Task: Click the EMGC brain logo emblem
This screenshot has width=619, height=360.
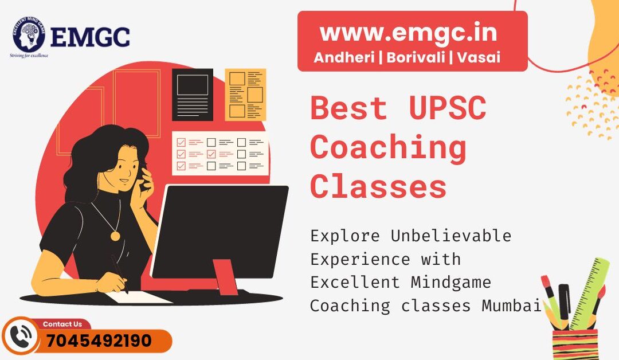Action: click(x=29, y=34)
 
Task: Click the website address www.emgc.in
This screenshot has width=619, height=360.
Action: click(x=408, y=33)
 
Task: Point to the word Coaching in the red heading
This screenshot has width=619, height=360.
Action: click(x=388, y=147)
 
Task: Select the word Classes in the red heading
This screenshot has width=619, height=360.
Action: click(x=378, y=186)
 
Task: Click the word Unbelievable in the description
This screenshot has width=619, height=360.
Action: click(x=451, y=236)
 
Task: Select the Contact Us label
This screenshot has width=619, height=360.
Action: click(x=62, y=324)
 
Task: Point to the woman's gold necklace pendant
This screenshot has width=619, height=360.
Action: click(x=115, y=236)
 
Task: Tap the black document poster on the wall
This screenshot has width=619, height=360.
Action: click(x=193, y=95)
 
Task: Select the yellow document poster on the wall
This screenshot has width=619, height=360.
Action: click(x=245, y=95)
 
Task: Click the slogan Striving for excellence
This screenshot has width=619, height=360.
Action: click(x=29, y=56)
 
